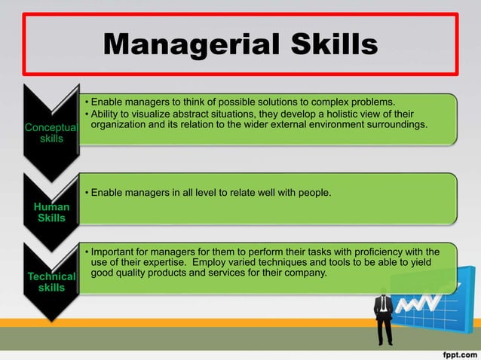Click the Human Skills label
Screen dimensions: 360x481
(51, 212)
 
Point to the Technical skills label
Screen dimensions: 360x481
(51, 282)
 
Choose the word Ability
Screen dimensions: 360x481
(106, 114)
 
